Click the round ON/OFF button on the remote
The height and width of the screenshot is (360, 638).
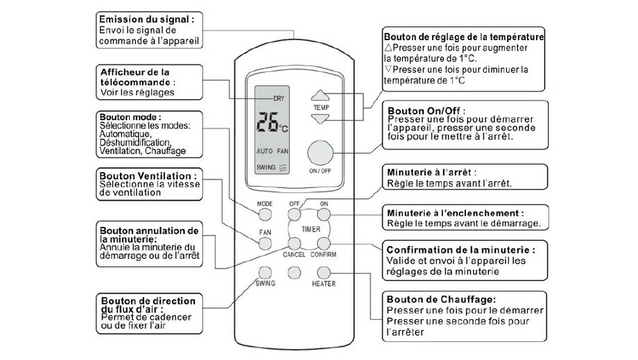click(x=320, y=153)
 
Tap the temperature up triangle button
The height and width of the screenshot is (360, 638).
click(x=320, y=97)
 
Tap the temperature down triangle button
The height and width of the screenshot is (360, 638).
click(x=320, y=119)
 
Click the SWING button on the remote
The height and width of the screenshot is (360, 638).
click(x=265, y=271)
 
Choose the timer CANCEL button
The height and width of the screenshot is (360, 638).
click(x=295, y=243)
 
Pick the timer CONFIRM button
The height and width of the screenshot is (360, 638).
click(x=323, y=243)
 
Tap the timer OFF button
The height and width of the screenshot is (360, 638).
click(x=295, y=214)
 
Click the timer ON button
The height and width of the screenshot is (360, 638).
click(x=323, y=214)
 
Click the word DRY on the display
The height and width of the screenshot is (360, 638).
click(x=279, y=98)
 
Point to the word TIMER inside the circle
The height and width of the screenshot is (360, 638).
click(x=309, y=228)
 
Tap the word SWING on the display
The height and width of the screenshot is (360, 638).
click(x=266, y=167)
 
